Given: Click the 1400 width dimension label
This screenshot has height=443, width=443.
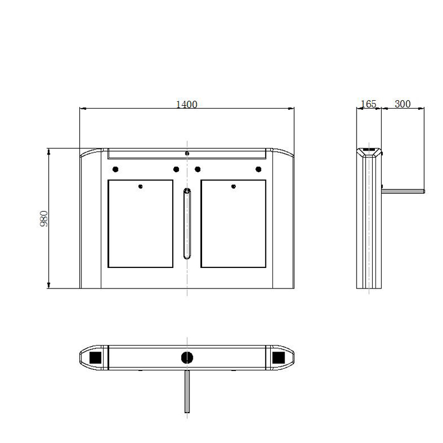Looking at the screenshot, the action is [187, 105].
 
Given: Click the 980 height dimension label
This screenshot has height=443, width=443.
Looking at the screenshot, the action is [44, 218].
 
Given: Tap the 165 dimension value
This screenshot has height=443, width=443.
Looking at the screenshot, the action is [369, 104].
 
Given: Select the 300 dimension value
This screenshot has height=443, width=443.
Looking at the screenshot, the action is [403, 104].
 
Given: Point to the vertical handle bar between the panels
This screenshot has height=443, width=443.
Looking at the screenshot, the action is [187, 224].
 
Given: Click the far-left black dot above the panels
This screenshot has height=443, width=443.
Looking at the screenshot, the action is [115, 169].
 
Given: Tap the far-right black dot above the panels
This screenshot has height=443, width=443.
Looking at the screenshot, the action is [258, 169].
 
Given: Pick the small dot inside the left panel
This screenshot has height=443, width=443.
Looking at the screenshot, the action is [141, 187].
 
